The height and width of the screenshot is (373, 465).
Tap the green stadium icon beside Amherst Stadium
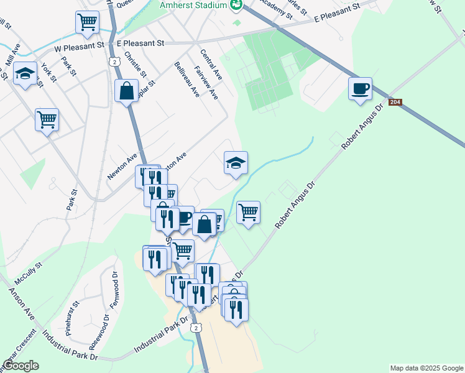tap(236, 6)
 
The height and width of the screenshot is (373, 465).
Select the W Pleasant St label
tap(80, 46)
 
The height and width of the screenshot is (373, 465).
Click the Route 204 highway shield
tap(395, 102)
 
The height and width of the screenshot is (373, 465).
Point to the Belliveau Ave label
tap(186, 79)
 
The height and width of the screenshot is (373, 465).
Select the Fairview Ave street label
tap(206, 83)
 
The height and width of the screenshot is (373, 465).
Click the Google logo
tap(21, 366)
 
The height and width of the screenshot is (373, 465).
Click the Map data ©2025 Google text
tap(426, 368)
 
